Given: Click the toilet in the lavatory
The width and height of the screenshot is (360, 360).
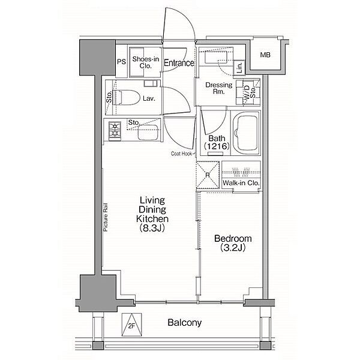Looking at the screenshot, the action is (x=127, y=97).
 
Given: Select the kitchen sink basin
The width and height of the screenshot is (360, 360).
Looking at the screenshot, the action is (x=148, y=132).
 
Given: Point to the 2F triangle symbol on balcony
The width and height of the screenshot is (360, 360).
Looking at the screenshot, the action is (x=131, y=325).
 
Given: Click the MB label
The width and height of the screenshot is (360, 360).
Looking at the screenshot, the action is (x=265, y=55).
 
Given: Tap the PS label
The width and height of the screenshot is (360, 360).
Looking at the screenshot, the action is (x=121, y=62).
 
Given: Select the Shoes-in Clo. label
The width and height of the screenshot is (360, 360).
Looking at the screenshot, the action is (x=146, y=62).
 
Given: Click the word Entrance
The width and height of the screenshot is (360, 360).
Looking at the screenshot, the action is (x=179, y=62).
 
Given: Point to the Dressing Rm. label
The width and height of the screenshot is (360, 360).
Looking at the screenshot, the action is (x=219, y=88).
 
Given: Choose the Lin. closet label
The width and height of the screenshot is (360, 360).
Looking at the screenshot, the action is (x=239, y=68).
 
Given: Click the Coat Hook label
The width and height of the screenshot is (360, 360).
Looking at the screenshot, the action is (x=181, y=154).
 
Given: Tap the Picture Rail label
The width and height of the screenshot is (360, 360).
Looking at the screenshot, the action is (x=106, y=217).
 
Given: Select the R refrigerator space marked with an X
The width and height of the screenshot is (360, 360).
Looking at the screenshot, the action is (x=208, y=175).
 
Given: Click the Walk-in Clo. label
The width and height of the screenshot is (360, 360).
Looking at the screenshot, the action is (x=241, y=183).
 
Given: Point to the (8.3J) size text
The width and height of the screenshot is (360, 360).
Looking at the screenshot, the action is (x=152, y=228).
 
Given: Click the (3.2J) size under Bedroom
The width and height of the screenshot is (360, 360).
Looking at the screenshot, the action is (x=233, y=247).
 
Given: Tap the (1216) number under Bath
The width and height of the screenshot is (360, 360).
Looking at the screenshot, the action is (x=217, y=146).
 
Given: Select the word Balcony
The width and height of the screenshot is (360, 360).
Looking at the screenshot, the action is (x=185, y=323).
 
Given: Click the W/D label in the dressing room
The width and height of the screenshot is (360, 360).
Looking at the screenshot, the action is (x=247, y=92).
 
